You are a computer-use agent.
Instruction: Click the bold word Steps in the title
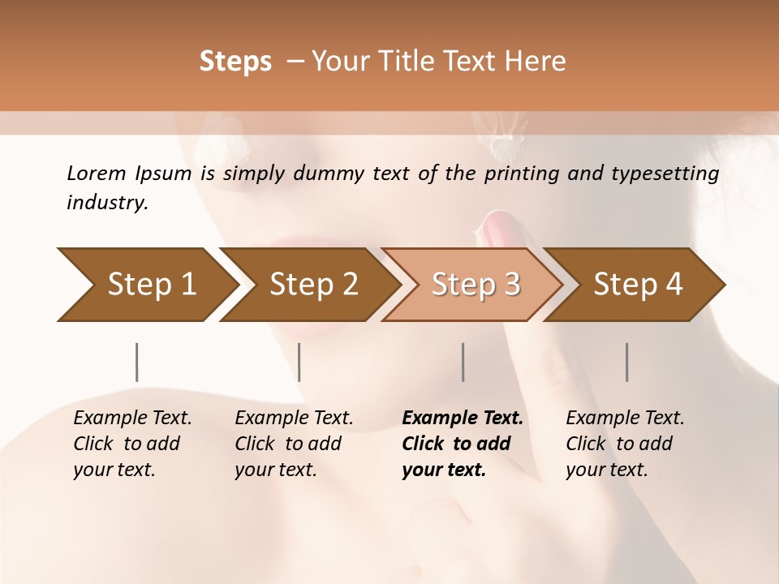coord(235,62)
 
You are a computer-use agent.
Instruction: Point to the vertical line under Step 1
coord(137,362)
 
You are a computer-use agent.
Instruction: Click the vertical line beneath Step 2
coord(299,362)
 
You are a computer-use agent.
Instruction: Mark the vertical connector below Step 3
coord(463,362)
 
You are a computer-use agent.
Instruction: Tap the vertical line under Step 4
coord(627,362)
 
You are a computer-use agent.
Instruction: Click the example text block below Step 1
coord(132,444)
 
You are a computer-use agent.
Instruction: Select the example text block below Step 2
coord(294,444)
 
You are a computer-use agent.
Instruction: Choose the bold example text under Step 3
coord(463,444)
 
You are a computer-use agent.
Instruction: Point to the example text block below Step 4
coord(625,444)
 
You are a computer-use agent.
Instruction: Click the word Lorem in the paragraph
coord(96,174)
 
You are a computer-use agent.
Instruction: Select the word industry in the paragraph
coord(106,203)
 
